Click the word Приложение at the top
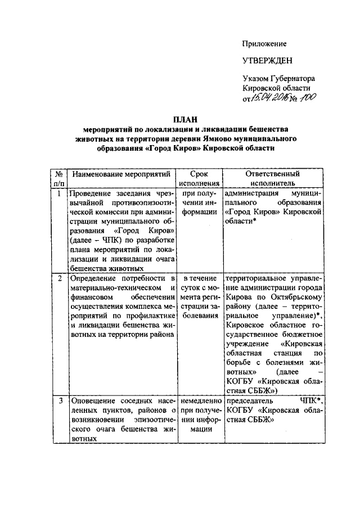coord(264,43)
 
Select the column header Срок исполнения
coord(200,178)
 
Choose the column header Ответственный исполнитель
coord(273,178)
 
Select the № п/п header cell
coord(58,178)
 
